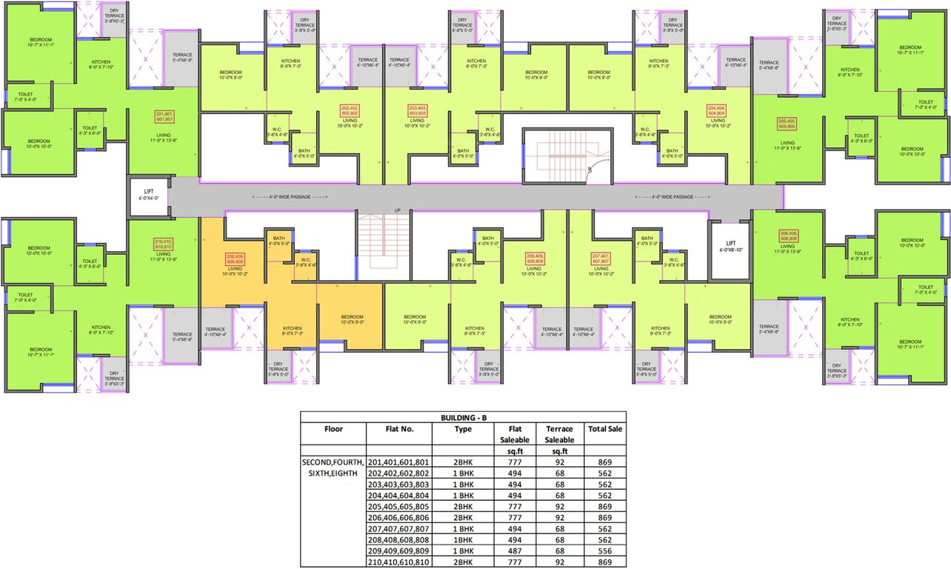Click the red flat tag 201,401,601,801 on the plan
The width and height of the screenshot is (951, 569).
click(164, 116)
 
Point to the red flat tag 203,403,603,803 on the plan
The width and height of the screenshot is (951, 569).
click(419, 110)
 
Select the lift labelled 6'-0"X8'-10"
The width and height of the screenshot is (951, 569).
click(730, 247)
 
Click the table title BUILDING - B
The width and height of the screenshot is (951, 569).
click(463, 417)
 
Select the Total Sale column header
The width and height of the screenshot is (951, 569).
click(605, 428)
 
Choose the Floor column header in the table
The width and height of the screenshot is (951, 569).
click(333, 428)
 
